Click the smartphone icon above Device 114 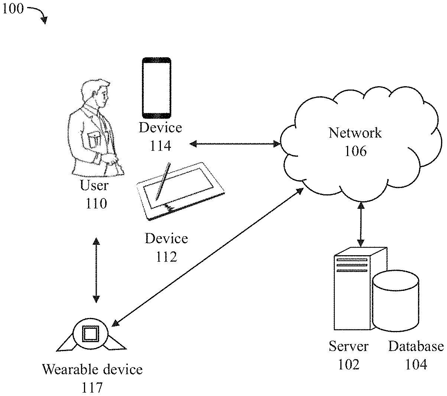[156, 88]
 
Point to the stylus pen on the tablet [163, 182]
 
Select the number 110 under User [96, 203]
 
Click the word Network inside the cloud [355, 133]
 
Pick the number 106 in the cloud [356, 151]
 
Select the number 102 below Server [349, 364]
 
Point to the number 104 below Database [416, 364]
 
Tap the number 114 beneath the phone [161, 145]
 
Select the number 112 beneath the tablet [166, 256]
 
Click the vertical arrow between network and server [360, 224]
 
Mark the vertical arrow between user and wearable [96, 270]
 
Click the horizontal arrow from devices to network [235, 143]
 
